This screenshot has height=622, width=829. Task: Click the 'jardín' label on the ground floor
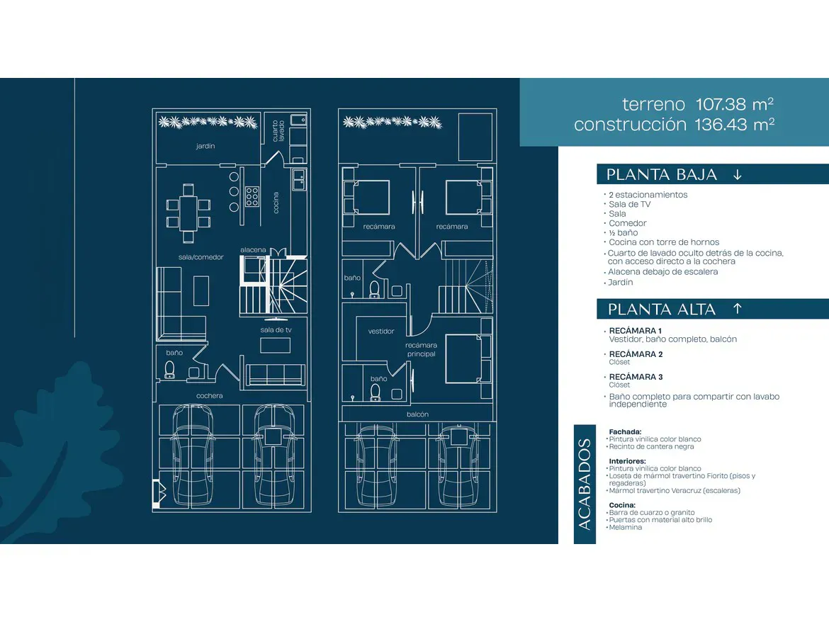point(205,146)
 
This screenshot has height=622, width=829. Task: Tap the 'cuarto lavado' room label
point(278,131)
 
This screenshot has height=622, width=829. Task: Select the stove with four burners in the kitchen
point(252,196)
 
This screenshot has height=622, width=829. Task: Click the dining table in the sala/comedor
point(188,213)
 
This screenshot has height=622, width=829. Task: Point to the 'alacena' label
point(253,250)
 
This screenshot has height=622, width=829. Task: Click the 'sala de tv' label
point(276,329)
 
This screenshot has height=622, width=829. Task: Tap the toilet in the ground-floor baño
point(170,369)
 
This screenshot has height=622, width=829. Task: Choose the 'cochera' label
point(209,396)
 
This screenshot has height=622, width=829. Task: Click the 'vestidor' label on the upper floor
point(381,332)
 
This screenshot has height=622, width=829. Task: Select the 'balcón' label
point(417,414)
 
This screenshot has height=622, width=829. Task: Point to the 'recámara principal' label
point(422,349)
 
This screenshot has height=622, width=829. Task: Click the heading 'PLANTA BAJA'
point(661,174)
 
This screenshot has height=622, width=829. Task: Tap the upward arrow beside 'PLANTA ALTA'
point(738,309)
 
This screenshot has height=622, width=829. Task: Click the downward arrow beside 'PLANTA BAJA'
point(738,174)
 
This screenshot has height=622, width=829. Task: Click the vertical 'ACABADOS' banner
point(585,484)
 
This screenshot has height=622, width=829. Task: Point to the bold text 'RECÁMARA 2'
point(636,354)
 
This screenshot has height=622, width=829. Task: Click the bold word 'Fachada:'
point(625,431)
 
